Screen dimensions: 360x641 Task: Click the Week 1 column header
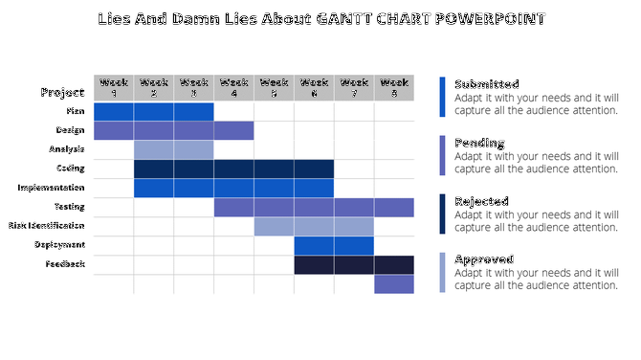114,87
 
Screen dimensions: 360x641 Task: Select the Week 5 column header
274,87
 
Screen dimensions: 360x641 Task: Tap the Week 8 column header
394,87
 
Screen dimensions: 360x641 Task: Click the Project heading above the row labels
62,93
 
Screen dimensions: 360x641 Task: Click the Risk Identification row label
47,226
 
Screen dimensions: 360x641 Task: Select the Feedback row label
65,264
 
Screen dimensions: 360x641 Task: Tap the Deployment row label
60,245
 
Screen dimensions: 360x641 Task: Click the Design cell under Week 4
233,130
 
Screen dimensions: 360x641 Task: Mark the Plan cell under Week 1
114,111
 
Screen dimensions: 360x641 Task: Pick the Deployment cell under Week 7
354,245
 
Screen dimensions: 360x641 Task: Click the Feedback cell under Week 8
394,264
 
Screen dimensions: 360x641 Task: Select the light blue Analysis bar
173,149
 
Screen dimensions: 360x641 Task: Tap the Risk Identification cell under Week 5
274,226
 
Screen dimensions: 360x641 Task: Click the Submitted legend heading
486,84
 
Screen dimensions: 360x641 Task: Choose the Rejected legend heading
481,201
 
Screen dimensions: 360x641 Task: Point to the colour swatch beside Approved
442,272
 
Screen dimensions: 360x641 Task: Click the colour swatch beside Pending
442,155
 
